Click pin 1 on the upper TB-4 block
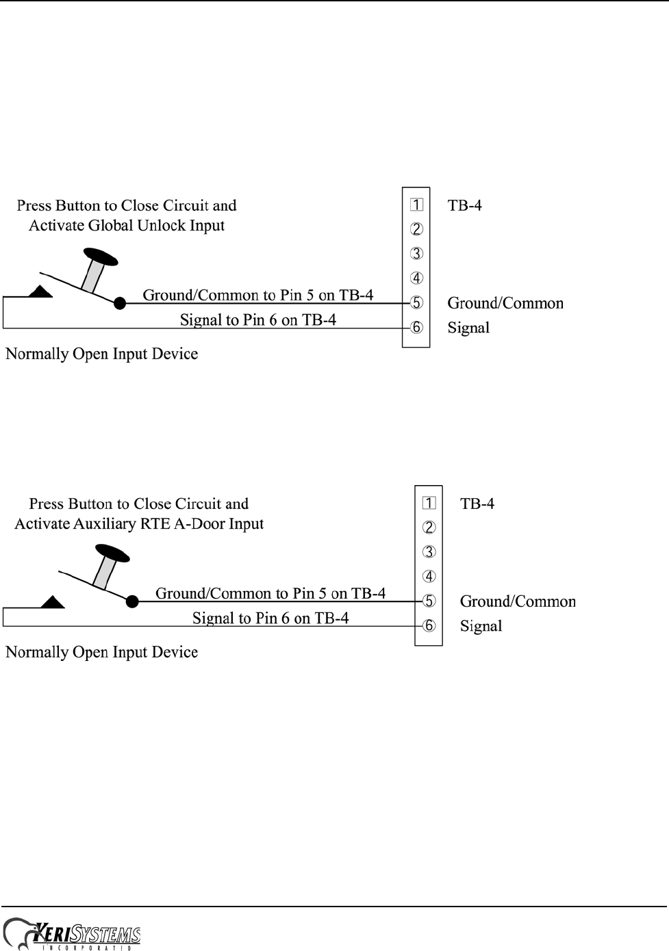(416, 205)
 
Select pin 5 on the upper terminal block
(416, 302)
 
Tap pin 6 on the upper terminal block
(416, 327)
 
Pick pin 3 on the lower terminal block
(429, 552)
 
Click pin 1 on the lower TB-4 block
(429, 504)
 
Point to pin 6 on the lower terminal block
(429, 625)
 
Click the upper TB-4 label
(464, 205)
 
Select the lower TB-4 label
(477, 504)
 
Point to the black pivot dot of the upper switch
(120, 302)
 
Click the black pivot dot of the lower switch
(132, 601)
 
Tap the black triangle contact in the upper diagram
(40, 292)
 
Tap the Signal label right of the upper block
(468, 328)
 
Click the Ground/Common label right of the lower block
(518, 601)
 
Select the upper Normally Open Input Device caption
(102, 354)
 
